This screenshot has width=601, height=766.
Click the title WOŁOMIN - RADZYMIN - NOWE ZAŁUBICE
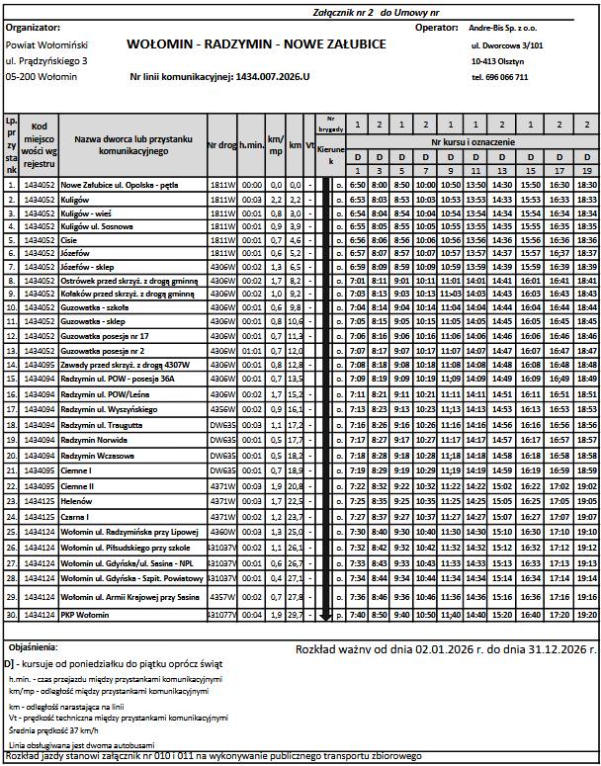pos(256,45)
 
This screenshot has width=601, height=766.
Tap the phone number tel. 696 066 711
pos(499,77)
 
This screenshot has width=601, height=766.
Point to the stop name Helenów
pos(77,501)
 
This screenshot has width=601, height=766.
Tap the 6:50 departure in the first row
pos(358,185)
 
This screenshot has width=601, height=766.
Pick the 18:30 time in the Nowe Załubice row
pos(585,185)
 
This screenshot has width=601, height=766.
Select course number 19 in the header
pos(585,172)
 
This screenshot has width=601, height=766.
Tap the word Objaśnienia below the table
pos(33,645)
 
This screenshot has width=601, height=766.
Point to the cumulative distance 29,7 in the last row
pos(294,616)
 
